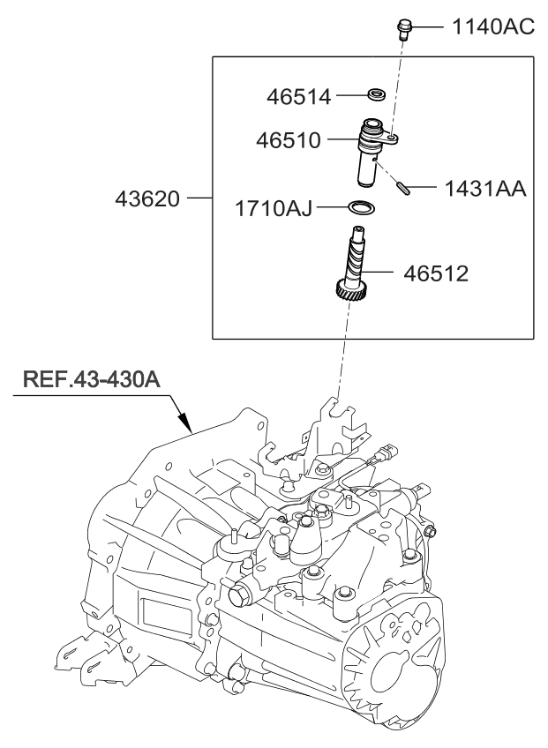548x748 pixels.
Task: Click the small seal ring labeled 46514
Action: tap(376, 93)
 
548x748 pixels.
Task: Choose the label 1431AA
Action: tap(484, 189)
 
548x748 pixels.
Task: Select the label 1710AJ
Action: tap(273, 210)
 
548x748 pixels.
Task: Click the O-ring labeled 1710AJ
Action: tap(362, 208)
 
